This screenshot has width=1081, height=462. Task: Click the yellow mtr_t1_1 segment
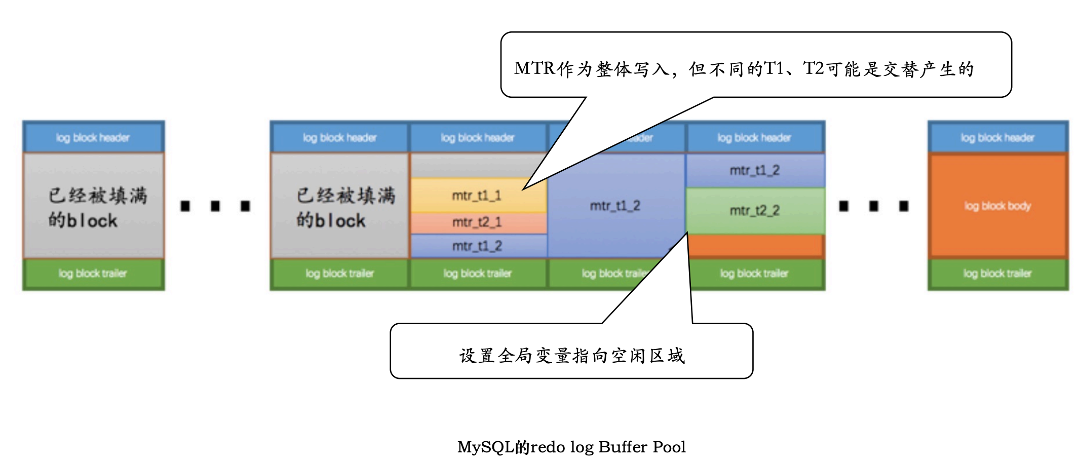[x=477, y=196]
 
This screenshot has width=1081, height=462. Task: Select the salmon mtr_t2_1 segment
[x=477, y=222]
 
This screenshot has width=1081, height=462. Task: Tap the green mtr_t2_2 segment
[x=755, y=210]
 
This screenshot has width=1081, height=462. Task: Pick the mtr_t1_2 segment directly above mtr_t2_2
[x=755, y=170]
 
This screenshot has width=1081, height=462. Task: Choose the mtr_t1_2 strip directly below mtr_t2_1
[x=477, y=246]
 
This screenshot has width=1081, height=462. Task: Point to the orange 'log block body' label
[x=997, y=206]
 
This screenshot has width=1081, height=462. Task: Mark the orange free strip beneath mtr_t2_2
[x=755, y=246]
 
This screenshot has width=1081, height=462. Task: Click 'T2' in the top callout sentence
[x=814, y=68]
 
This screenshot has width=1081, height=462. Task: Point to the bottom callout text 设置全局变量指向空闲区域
[x=571, y=356]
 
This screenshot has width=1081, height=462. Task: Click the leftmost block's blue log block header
[x=93, y=137]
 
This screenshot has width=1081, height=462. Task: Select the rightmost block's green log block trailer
[x=997, y=274]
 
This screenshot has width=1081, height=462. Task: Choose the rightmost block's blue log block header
[x=997, y=137]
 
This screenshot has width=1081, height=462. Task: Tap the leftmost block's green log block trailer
[x=93, y=274]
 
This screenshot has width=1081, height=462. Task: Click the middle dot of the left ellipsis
[x=215, y=206]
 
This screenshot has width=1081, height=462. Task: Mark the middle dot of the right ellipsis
[x=874, y=206]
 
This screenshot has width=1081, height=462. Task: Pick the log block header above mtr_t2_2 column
[x=755, y=137]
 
